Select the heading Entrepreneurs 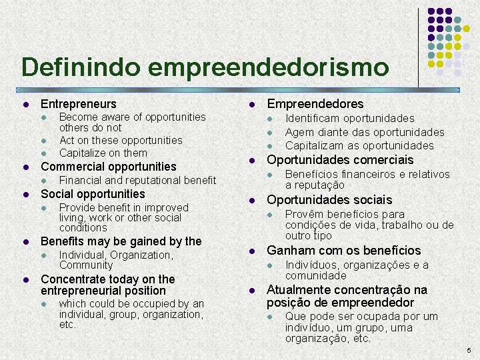tap(78, 104)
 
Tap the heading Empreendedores tap(315, 104)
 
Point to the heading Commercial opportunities tap(109, 167)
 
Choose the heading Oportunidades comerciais tap(340, 160)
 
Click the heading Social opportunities tap(93, 194)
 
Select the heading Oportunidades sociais tap(329, 200)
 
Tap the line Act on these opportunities tap(121, 140)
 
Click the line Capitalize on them tap(103, 153)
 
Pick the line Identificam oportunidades tap(349, 119)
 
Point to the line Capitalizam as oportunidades tap(359, 145)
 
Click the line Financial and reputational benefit tap(137, 180)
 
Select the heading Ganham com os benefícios tap(344, 251)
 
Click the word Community tap(86, 265)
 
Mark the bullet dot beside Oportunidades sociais tap(252, 201)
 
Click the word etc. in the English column tap(68, 325)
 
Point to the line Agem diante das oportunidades tap(365, 132)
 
